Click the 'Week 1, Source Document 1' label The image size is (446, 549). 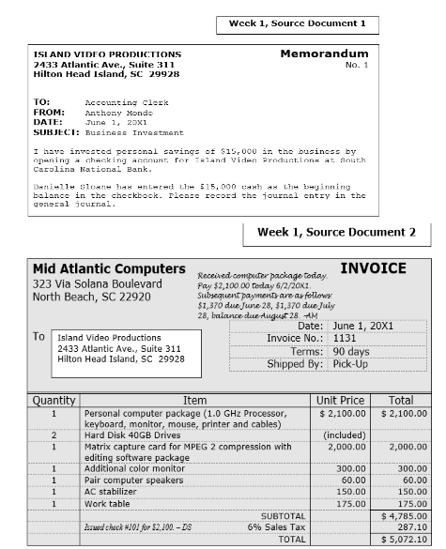click(x=298, y=23)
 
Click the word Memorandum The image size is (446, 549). click(x=324, y=54)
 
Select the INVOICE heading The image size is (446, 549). click(x=373, y=268)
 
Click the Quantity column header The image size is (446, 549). click(x=54, y=400)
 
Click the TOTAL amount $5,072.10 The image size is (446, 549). click(x=405, y=541)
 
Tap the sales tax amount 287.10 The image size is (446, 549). click(x=410, y=528)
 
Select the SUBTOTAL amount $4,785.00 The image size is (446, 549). click(x=405, y=516)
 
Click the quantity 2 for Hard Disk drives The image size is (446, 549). click(x=54, y=435)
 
